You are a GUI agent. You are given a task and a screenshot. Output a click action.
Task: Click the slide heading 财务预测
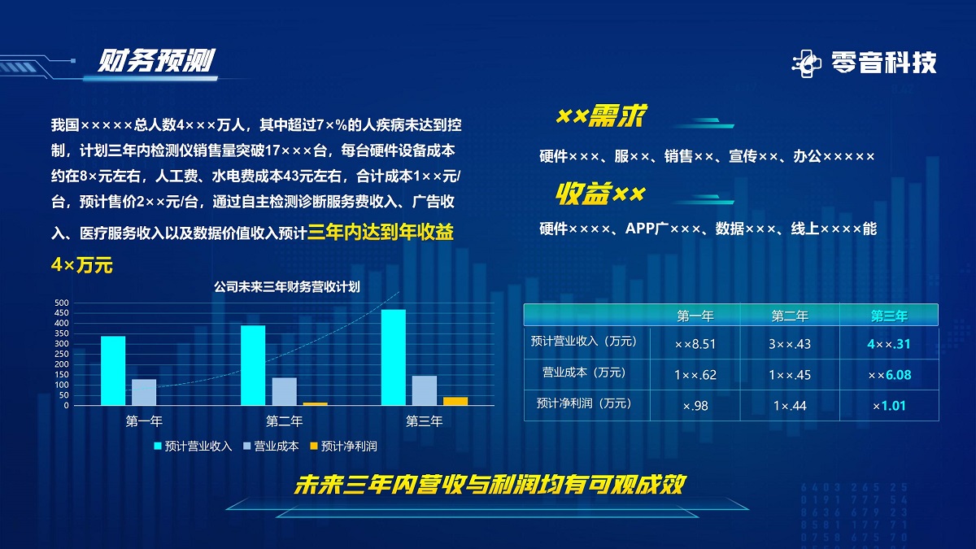(156, 60)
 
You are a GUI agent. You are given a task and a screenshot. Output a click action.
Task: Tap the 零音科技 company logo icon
(807, 63)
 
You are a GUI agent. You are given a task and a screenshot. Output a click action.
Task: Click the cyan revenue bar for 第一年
(113, 370)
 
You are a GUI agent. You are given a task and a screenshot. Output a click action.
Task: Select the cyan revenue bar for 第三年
(394, 357)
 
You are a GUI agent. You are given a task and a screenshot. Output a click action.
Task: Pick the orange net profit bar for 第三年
(455, 401)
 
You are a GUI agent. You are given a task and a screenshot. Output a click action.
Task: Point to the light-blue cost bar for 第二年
(285, 391)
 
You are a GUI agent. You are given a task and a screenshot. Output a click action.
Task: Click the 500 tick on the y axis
(62, 303)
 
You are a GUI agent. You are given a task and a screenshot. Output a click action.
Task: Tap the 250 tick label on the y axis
(62, 355)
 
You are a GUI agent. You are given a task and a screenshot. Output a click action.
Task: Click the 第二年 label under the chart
(284, 421)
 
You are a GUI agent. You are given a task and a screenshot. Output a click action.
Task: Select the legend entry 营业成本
(271, 447)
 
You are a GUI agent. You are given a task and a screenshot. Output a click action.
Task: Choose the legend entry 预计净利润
(343, 447)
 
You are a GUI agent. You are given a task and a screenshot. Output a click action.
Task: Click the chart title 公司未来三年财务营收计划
(286, 286)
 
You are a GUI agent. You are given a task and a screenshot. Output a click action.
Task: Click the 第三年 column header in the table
(889, 316)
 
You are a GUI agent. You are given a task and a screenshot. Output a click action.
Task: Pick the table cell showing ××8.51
(695, 344)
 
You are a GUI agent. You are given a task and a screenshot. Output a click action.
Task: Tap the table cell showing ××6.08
(889, 375)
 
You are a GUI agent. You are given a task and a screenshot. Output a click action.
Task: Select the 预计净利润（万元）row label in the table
(584, 403)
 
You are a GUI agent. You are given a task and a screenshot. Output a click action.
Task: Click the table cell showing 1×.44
(790, 406)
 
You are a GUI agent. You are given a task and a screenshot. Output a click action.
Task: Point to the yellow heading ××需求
(602, 115)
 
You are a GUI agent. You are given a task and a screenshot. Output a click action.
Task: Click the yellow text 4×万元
(82, 265)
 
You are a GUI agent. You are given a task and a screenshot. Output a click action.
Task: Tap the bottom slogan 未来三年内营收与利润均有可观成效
(490, 484)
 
